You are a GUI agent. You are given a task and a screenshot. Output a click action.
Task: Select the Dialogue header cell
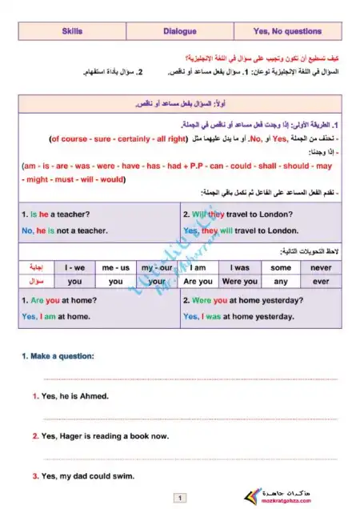coord(179,32)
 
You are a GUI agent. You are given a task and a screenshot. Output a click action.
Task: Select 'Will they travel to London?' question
coord(241,214)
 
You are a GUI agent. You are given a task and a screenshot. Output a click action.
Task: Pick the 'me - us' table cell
coord(116,267)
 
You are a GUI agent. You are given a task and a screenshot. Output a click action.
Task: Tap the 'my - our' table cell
coord(157,267)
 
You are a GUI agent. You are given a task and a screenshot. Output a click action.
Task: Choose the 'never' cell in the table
coord(321,267)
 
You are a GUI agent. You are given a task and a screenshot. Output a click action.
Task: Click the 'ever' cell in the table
coord(321,282)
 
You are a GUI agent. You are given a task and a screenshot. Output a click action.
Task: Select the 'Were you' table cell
coord(239,282)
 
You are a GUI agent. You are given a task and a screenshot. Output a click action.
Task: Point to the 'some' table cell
coord(281,267)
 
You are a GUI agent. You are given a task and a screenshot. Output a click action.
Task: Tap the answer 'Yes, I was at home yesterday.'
coord(238,317)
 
